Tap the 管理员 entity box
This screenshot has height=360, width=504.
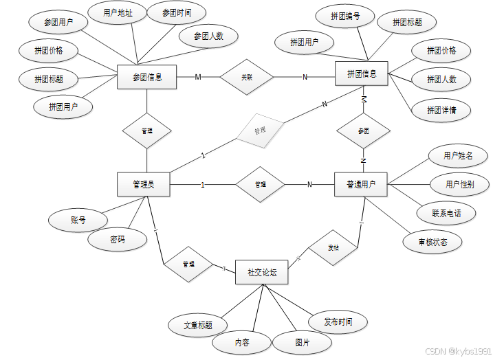click(x=143, y=184)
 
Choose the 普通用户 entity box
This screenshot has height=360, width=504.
click(x=362, y=184)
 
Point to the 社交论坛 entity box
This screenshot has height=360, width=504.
click(x=262, y=273)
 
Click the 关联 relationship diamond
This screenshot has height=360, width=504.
click(x=246, y=77)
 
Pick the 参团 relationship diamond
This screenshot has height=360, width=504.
click(x=363, y=130)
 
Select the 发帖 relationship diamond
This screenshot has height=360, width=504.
click(x=333, y=247)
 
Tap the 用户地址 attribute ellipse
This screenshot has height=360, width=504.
click(x=118, y=12)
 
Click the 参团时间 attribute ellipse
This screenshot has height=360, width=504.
click(x=177, y=14)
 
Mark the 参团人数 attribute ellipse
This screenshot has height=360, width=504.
click(x=208, y=36)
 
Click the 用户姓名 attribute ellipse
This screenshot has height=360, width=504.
click(x=458, y=156)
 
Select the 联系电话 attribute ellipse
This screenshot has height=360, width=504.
click(x=446, y=213)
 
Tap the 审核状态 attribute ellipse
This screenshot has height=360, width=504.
click(x=432, y=242)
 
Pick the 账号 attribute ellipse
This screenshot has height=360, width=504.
click(x=78, y=221)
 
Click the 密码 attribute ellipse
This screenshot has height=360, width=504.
click(x=118, y=240)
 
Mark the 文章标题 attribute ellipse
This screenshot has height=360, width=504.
click(x=198, y=325)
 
